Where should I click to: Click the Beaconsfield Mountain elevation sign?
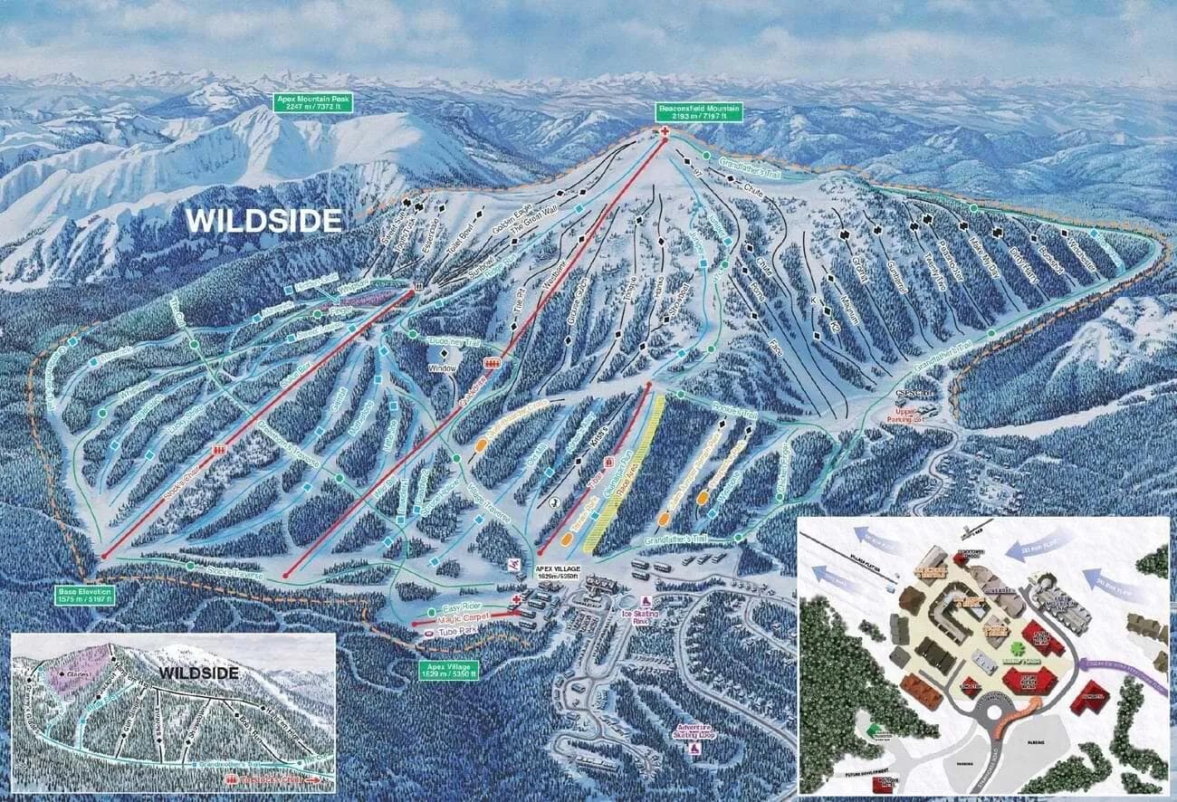[x=700, y=112]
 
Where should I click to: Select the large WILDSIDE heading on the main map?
[x=264, y=220]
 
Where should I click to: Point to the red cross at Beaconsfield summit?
[x=665, y=133]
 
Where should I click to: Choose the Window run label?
[x=443, y=368]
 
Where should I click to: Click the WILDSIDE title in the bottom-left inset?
[x=199, y=673]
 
